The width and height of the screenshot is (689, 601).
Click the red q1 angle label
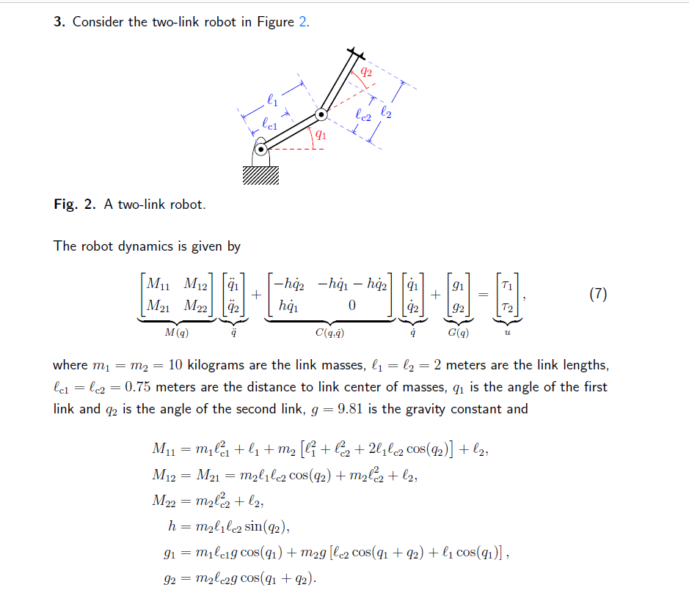point(321,135)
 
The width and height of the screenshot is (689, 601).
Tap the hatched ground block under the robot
point(260,174)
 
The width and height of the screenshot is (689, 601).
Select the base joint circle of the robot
point(261,150)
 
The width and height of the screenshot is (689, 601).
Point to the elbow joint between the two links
point(321,114)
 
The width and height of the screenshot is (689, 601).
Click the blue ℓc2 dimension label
point(362,114)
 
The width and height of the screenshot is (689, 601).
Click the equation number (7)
point(598,295)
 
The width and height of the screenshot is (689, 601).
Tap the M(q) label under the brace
point(176,332)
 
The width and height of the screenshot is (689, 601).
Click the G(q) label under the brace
point(460,332)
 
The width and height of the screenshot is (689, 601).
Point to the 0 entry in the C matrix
point(352,306)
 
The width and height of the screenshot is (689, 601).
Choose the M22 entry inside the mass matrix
point(197,306)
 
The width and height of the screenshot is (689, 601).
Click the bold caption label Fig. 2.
point(75,204)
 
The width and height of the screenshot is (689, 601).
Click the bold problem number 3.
point(59,21)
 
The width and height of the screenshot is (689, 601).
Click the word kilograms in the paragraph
point(217,365)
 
